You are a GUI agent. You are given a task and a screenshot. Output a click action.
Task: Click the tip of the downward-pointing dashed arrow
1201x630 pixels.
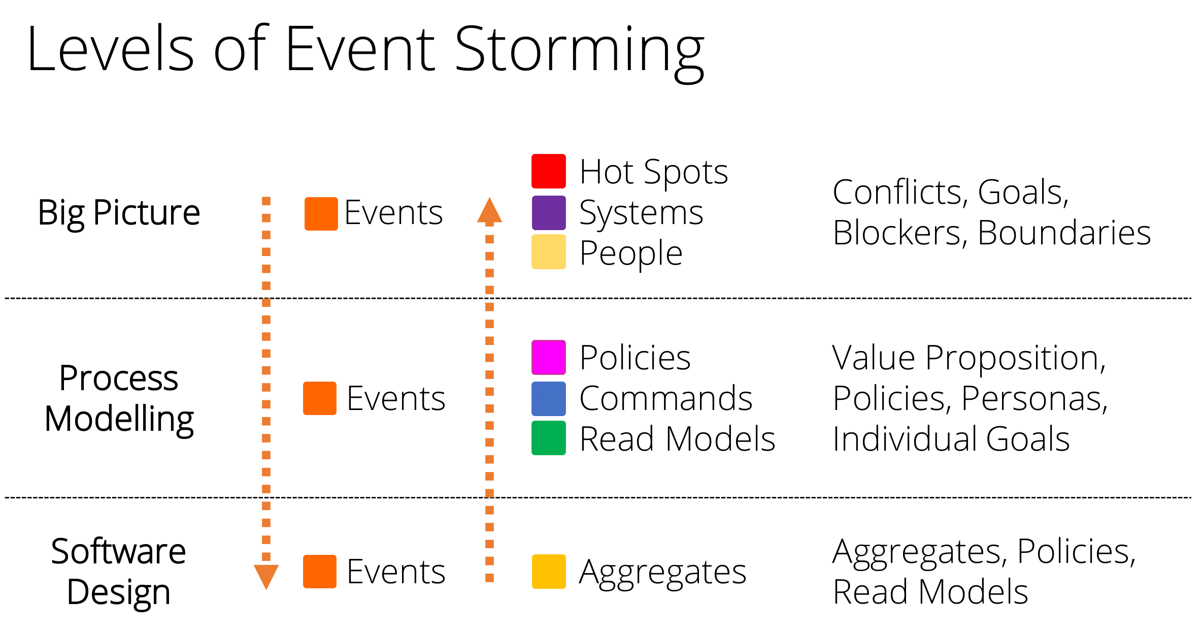pyautogui.click(x=266, y=589)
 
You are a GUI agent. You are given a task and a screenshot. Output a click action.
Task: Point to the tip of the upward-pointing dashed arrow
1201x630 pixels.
pyautogui.click(x=489, y=197)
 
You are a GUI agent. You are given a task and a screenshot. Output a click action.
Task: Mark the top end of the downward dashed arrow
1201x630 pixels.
pyautogui.click(x=266, y=197)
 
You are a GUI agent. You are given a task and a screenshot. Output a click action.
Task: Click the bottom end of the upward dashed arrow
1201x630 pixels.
pyautogui.click(x=489, y=582)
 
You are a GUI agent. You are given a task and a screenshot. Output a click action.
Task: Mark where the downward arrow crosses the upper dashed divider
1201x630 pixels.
pyautogui.click(x=266, y=298)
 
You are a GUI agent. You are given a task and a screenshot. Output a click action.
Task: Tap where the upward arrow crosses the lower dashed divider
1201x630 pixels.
pyautogui.click(x=489, y=497)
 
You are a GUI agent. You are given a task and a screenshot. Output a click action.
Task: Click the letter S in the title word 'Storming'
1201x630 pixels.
pyautogui.click(x=470, y=49)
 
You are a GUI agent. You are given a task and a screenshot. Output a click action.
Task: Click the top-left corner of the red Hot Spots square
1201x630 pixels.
pyautogui.click(x=531, y=154)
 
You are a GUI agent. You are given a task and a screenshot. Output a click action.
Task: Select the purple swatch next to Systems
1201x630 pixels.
pyautogui.click(x=549, y=213)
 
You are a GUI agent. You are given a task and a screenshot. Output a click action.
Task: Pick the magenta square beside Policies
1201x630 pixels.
pyautogui.click(x=549, y=358)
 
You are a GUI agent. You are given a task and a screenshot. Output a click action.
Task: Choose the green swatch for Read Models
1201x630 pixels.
pyautogui.click(x=549, y=438)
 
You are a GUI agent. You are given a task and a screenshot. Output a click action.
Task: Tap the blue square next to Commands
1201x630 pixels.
pyautogui.click(x=549, y=399)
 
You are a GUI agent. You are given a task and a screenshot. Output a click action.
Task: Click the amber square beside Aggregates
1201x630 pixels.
pyautogui.click(x=549, y=572)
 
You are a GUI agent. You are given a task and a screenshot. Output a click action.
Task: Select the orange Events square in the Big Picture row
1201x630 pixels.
pyautogui.click(x=321, y=214)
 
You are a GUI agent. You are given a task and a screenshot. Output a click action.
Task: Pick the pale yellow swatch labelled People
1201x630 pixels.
pyautogui.click(x=549, y=252)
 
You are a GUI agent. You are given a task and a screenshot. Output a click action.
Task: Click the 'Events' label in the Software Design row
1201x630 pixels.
pyautogui.click(x=396, y=572)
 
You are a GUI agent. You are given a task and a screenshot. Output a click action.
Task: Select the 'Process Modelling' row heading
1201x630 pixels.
pyautogui.click(x=119, y=399)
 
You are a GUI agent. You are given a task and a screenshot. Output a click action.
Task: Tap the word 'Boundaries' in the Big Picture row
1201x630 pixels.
pyautogui.click(x=1064, y=233)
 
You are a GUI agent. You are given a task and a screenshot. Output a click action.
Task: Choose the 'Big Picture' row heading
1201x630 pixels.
pyautogui.click(x=119, y=213)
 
